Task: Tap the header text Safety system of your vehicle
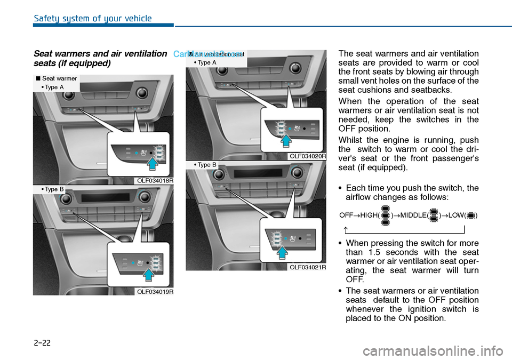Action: (93, 19)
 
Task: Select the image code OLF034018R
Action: (155, 181)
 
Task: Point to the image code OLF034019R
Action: (155, 291)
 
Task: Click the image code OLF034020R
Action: (307, 156)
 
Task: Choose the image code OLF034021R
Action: (307, 267)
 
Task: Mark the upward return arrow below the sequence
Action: (347, 229)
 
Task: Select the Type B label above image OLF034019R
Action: (52, 189)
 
